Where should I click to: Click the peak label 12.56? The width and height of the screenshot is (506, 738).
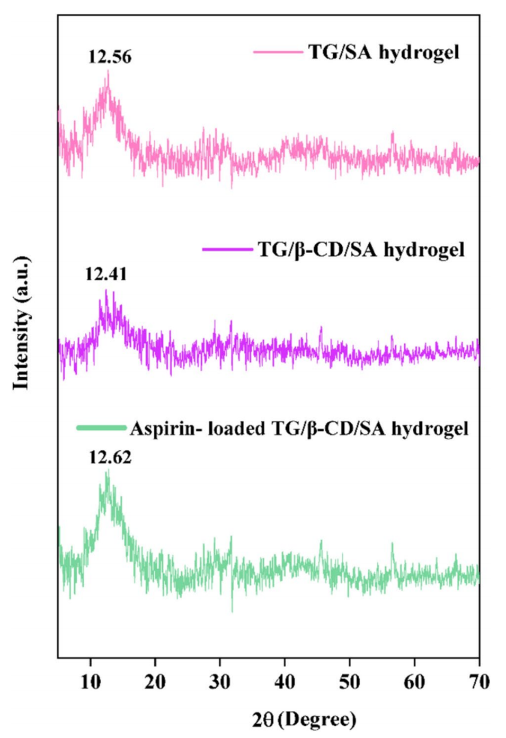click(110, 57)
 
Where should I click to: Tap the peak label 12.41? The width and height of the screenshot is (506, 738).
click(106, 274)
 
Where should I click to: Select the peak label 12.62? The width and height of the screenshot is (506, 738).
click(110, 457)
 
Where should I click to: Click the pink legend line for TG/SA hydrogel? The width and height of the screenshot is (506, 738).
click(278, 52)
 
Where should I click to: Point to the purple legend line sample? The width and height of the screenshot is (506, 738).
click(227, 249)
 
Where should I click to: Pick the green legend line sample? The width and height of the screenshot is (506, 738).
click(102, 428)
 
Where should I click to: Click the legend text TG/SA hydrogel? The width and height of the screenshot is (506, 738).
click(384, 52)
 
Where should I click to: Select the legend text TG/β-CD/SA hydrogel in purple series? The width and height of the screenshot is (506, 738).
click(361, 249)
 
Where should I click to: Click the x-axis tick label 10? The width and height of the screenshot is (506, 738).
click(91, 681)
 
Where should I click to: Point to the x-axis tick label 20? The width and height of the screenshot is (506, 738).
click(155, 681)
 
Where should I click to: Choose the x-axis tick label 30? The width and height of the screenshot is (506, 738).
click(220, 681)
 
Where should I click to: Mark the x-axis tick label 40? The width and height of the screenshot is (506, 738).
click(285, 681)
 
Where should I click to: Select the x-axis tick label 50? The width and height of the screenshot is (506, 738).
click(350, 681)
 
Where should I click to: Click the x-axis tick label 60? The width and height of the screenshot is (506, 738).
click(414, 681)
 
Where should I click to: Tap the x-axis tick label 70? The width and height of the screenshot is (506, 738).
click(478, 681)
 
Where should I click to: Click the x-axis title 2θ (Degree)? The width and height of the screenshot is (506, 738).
click(304, 719)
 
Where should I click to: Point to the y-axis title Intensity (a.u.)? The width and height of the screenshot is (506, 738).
click(21, 323)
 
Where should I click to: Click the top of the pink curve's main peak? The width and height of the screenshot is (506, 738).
click(108, 72)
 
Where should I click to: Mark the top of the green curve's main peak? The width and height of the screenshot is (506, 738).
click(108, 470)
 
